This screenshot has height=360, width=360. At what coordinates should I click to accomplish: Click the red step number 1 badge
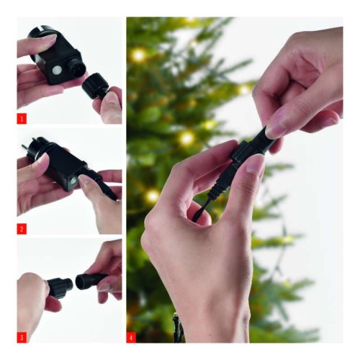coord(22,116)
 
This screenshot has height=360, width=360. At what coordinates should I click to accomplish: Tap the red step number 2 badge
coord(22,228)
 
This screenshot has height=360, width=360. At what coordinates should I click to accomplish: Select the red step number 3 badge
coord(22,336)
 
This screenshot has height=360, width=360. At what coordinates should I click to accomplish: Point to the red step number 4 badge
coord(131,336)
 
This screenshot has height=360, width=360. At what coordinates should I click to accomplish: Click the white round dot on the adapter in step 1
coord(55,70)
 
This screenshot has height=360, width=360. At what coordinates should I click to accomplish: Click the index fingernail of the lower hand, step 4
coord(254,168)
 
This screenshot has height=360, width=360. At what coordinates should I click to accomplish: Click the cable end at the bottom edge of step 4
coord(178,332)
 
